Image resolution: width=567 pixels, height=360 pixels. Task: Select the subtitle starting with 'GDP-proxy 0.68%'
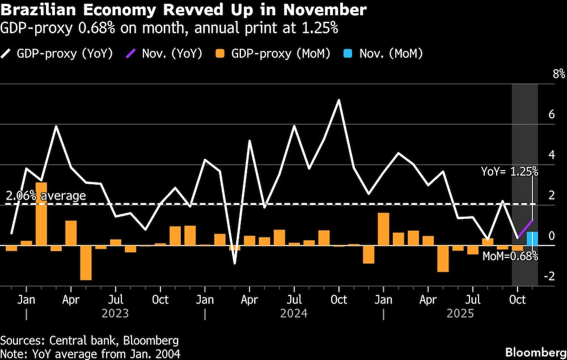[169, 28]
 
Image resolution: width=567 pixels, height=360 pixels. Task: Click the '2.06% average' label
[46, 196]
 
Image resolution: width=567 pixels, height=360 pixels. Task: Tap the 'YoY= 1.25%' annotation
[509, 171]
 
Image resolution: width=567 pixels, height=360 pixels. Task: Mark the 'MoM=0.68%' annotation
[510, 256]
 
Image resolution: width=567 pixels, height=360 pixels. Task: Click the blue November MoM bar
[532, 239]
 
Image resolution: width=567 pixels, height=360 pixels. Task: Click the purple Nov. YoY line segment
[525, 228]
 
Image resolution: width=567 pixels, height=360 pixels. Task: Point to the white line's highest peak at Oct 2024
[338, 100]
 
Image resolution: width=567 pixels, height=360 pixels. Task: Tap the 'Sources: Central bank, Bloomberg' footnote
[90, 340]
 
